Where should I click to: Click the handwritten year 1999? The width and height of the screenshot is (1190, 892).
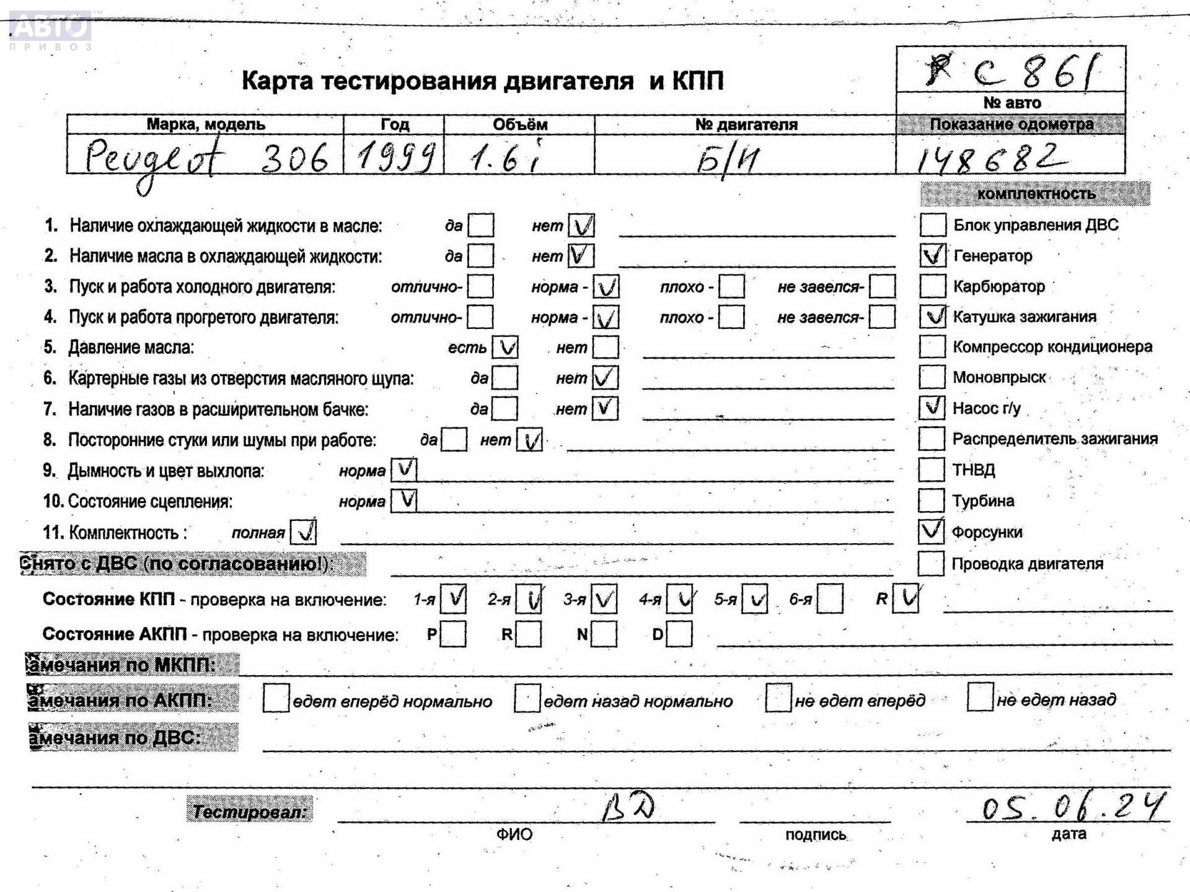pyautogui.click(x=395, y=155)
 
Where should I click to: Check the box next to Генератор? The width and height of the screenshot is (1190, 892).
pyautogui.click(x=933, y=255)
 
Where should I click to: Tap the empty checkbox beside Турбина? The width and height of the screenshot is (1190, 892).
pyautogui.click(x=931, y=500)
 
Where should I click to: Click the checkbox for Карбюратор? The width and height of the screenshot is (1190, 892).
pyautogui.click(x=932, y=286)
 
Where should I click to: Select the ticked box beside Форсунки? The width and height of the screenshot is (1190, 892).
pyautogui.click(x=931, y=531)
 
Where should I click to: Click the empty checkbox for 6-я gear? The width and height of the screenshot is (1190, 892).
pyautogui.click(x=830, y=599)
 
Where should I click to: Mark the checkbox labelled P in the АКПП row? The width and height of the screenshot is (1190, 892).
pyautogui.click(x=453, y=634)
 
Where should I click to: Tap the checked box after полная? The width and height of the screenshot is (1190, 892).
pyautogui.click(x=303, y=531)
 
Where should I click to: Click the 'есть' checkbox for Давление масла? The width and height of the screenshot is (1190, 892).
pyautogui.click(x=505, y=348)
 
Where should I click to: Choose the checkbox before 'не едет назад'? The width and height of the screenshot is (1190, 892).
pyautogui.click(x=980, y=698)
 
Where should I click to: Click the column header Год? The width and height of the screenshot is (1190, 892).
pyautogui.click(x=395, y=125)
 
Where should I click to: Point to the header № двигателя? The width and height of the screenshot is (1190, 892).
pyautogui.click(x=746, y=125)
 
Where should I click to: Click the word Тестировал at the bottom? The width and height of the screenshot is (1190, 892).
pyautogui.click(x=250, y=811)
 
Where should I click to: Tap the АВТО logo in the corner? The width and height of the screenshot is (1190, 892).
pyautogui.click(x=51, y=28)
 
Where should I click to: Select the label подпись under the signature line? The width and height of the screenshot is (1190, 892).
pyautogui.click(x=815, y=834)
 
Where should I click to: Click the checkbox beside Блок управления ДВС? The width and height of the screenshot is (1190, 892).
pyautogui.click(x=933, y=225)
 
